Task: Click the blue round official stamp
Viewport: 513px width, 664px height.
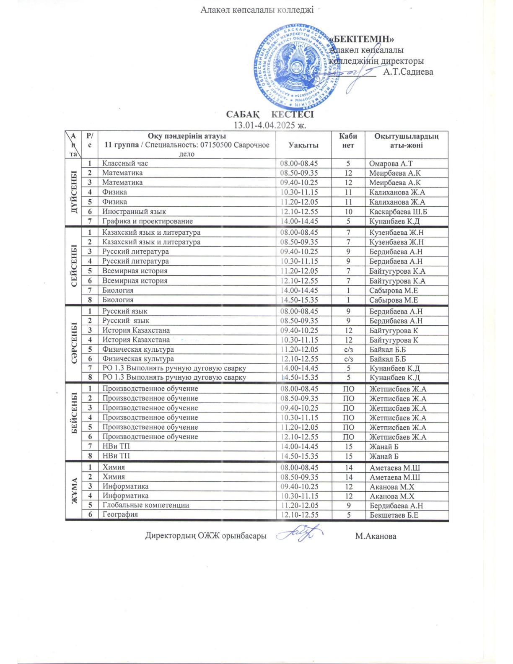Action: tap(296, 67)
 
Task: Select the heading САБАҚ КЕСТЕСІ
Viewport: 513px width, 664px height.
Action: tap(270, 114)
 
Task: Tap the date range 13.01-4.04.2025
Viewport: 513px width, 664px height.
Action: tap(270, 124)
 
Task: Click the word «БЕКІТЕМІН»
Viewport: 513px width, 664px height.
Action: tap(362, 39)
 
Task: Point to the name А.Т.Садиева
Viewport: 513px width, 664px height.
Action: tap(408, 72)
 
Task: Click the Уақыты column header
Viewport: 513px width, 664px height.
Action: tap(303, 145)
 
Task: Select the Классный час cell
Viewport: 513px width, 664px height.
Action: tap(125, 163)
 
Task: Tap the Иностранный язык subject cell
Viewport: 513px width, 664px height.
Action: tap(134, 212)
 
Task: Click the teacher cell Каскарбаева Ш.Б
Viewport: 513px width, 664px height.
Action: tap(398, 212)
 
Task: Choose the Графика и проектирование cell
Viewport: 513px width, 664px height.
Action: tap(148, 221)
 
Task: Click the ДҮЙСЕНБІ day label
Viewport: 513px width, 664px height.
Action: tap(74, 192)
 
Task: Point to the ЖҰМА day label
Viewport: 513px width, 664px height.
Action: tap(74, 491)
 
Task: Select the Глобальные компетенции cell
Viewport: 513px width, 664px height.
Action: tap(146, 505)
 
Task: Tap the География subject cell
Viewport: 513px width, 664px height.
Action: tap(120, 515)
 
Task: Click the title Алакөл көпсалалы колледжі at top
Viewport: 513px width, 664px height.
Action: tap(256, 10)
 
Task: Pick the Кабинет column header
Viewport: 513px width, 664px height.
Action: tap(348, 140)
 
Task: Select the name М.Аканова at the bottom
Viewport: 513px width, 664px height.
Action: tap(376, 536)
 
